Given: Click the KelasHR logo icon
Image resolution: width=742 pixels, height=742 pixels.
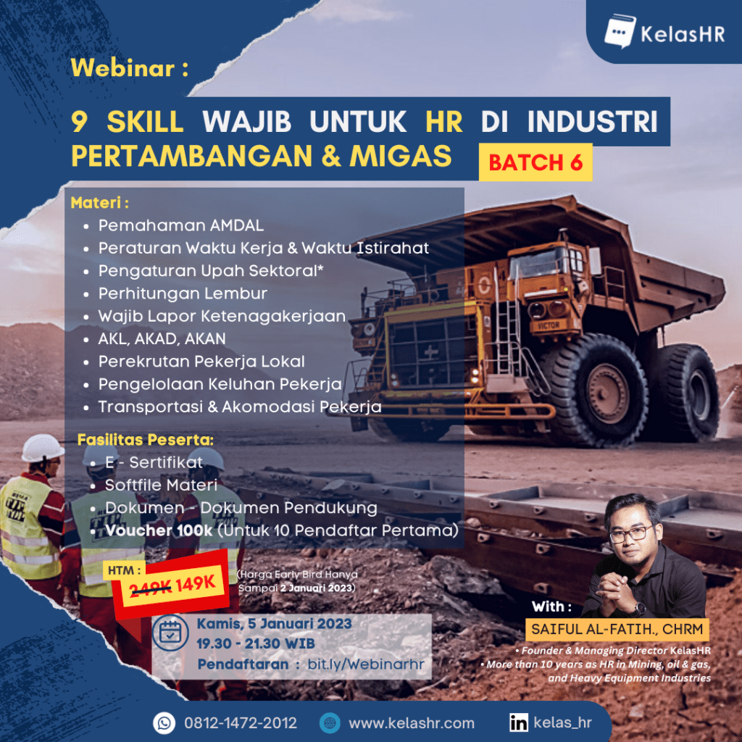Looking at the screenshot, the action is pyautogui.click(x=620, y=31).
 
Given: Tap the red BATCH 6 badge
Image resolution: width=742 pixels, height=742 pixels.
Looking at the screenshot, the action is pyautogui.click(x=535, y=162).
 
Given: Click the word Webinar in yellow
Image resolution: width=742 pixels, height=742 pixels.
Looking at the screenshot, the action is pyautogui.click(x=123, y=67).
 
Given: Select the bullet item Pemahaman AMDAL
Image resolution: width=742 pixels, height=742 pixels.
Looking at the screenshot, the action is pyautogui.click(x=180, y=225).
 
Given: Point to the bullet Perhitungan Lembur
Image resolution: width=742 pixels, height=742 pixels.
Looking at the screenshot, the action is pyautogui.click(x=183, y=293).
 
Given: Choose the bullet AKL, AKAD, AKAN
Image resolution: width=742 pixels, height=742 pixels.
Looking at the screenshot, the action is pyautogui.click(x=162, y=339).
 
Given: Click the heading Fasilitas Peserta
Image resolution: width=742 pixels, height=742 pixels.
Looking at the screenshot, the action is pyautogui.click(x=145, y=440).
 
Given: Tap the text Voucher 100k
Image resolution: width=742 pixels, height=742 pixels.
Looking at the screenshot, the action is pyautogui.click(x=159, y=530).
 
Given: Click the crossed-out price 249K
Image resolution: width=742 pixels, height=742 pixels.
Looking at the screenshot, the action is pyautogui.click(x=150, y=588).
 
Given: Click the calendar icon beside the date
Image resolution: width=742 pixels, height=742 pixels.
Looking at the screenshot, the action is pyautogui.click(x=170, y=633).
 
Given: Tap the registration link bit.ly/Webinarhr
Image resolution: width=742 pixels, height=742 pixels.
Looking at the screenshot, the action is pyautogui.click(x=366, y=664).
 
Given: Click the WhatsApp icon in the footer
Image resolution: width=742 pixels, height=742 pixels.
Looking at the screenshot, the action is pyautogui.click(x=164, y=723).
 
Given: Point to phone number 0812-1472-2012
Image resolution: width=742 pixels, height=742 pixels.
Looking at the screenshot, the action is pyautogui.click(x=241, y=723).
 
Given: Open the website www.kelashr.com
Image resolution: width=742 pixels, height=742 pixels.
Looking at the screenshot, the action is pyautogui.click(x=412, y=723).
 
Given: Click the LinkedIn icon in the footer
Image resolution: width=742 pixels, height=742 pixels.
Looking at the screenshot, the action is pyautogui.click(x=519, y=722).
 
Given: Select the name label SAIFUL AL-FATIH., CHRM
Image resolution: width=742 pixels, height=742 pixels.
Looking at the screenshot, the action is pyautogui.click(x=617, y=630).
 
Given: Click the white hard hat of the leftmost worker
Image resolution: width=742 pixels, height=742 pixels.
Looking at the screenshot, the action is pyautogui.click(x=42, y=448).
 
